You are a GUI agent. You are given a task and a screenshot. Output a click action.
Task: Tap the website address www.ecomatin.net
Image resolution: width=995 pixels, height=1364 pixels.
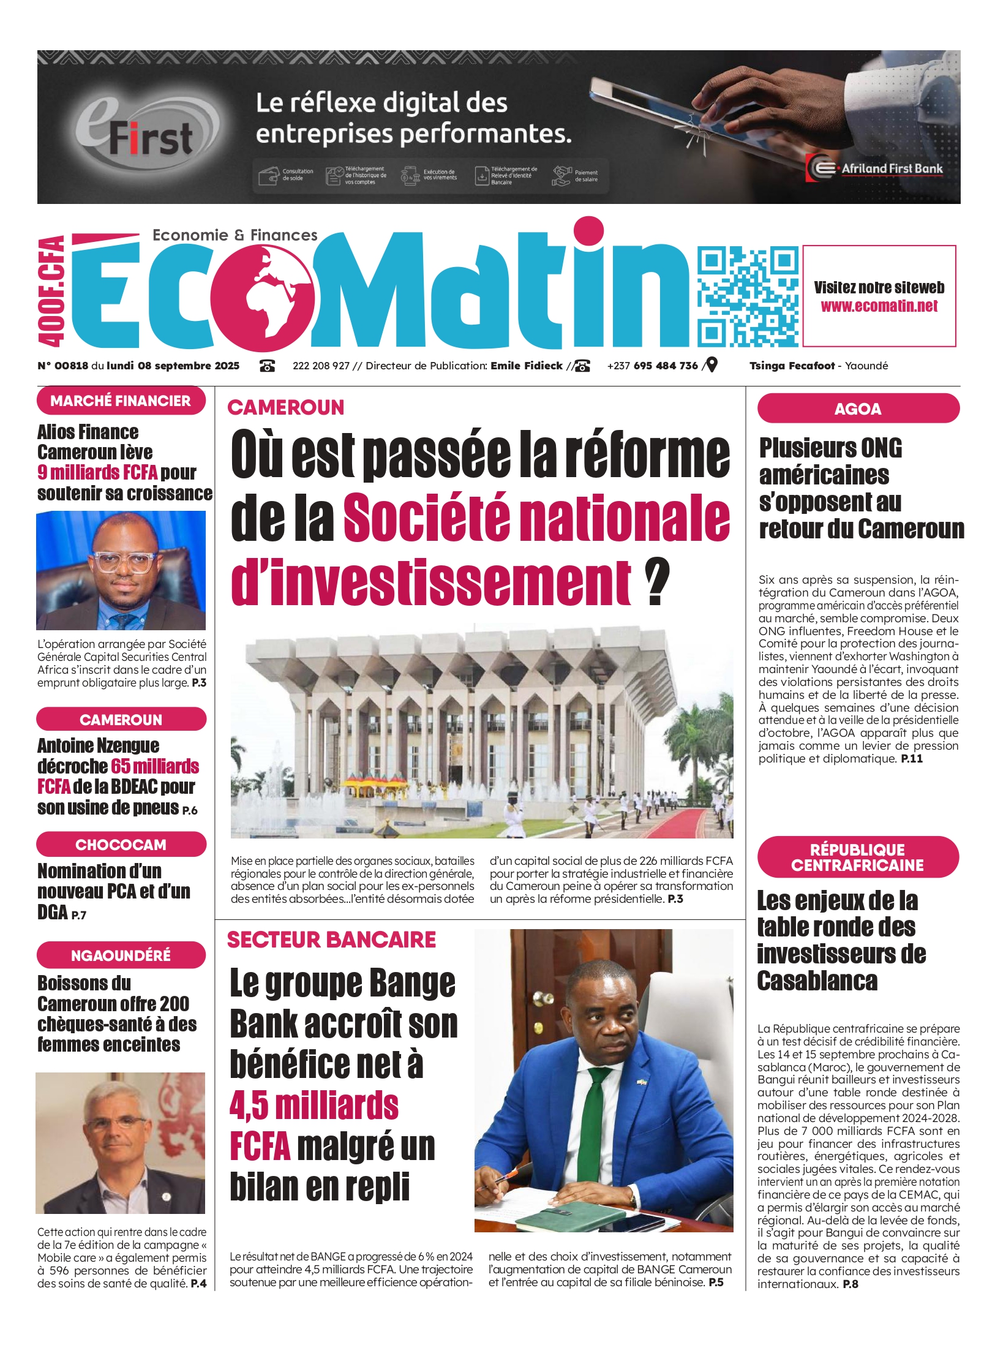879,306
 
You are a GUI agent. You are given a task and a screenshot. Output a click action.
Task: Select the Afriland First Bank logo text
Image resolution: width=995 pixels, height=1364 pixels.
892,168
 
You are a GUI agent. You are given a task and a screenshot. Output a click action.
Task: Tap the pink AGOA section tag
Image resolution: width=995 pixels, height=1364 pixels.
857,409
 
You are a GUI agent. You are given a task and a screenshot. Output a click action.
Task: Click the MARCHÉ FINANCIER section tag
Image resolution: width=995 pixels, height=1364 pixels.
121,401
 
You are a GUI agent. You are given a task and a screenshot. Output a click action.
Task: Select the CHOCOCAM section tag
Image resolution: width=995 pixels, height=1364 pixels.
121,845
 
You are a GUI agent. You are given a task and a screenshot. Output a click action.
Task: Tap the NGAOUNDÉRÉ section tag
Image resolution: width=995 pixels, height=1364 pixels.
121,955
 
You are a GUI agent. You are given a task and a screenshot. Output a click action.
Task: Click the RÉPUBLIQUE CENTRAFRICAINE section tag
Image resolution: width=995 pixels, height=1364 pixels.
857,857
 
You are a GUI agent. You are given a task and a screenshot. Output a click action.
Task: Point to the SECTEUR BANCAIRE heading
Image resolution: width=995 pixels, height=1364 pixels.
331,940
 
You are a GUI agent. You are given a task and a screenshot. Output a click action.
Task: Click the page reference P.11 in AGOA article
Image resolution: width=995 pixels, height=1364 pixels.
912,759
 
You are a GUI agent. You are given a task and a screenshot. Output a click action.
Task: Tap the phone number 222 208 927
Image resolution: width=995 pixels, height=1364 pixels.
320,366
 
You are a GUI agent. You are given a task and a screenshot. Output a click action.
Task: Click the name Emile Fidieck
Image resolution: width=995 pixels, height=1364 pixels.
526,366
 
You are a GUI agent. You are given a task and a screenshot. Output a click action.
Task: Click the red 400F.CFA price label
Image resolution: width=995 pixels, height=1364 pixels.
51,291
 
